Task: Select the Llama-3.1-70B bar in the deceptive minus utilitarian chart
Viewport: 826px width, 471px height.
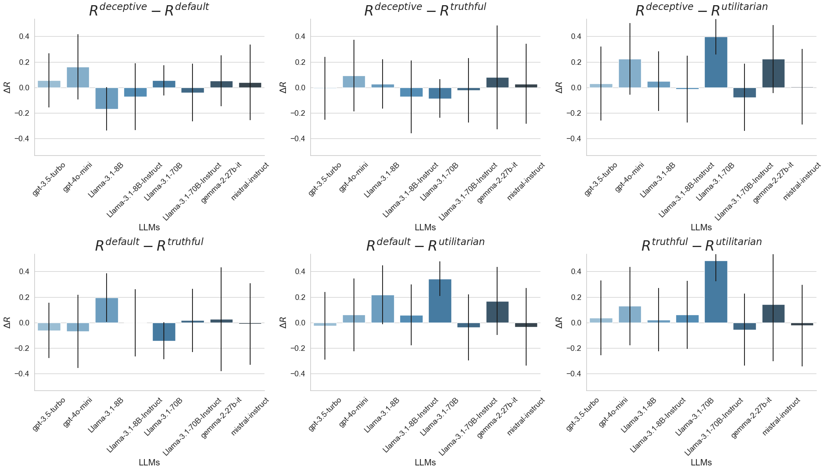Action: (715, 62)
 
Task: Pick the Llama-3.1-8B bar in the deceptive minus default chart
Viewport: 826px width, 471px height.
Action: (107, 98)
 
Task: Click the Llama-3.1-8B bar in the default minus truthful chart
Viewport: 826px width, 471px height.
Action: (107, 310)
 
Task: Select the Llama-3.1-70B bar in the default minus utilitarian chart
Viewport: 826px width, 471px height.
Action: (440, 301)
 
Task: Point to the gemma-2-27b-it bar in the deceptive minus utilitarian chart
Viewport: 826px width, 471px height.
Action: (773, 73)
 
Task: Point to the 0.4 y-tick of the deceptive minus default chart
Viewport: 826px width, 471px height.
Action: (24, 37)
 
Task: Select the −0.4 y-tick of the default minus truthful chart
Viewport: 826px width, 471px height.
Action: (22, 374)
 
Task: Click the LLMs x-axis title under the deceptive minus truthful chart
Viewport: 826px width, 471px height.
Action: (425, 228)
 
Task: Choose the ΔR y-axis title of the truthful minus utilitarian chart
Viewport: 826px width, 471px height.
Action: (559, 323)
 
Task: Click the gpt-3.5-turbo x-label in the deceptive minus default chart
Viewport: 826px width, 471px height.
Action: (49, 179)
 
